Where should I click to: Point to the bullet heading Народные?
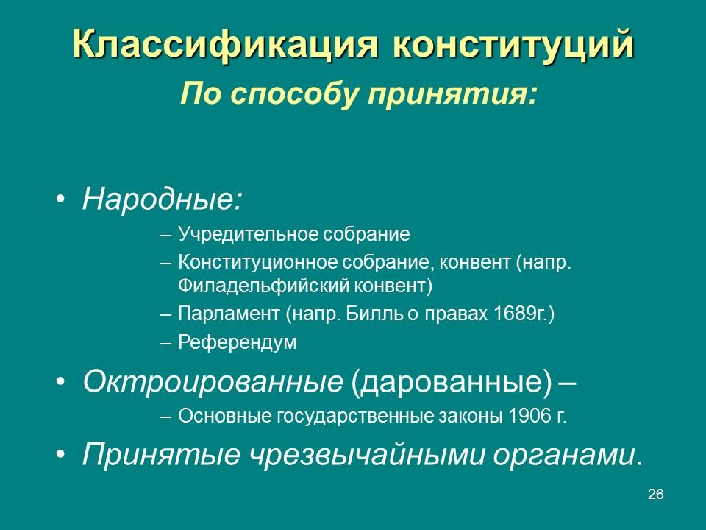(x=162, y=199)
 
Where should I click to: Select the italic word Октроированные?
(x=213, y=381)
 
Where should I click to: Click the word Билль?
(x=380, y=314)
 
